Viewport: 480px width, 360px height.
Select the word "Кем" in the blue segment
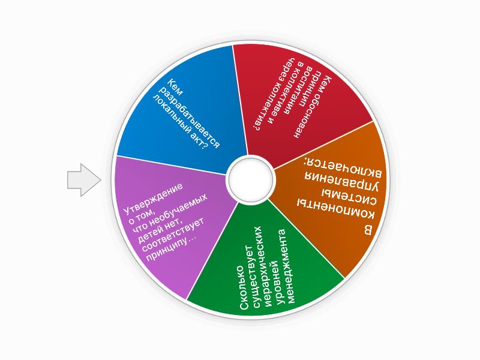coord(173,88)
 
